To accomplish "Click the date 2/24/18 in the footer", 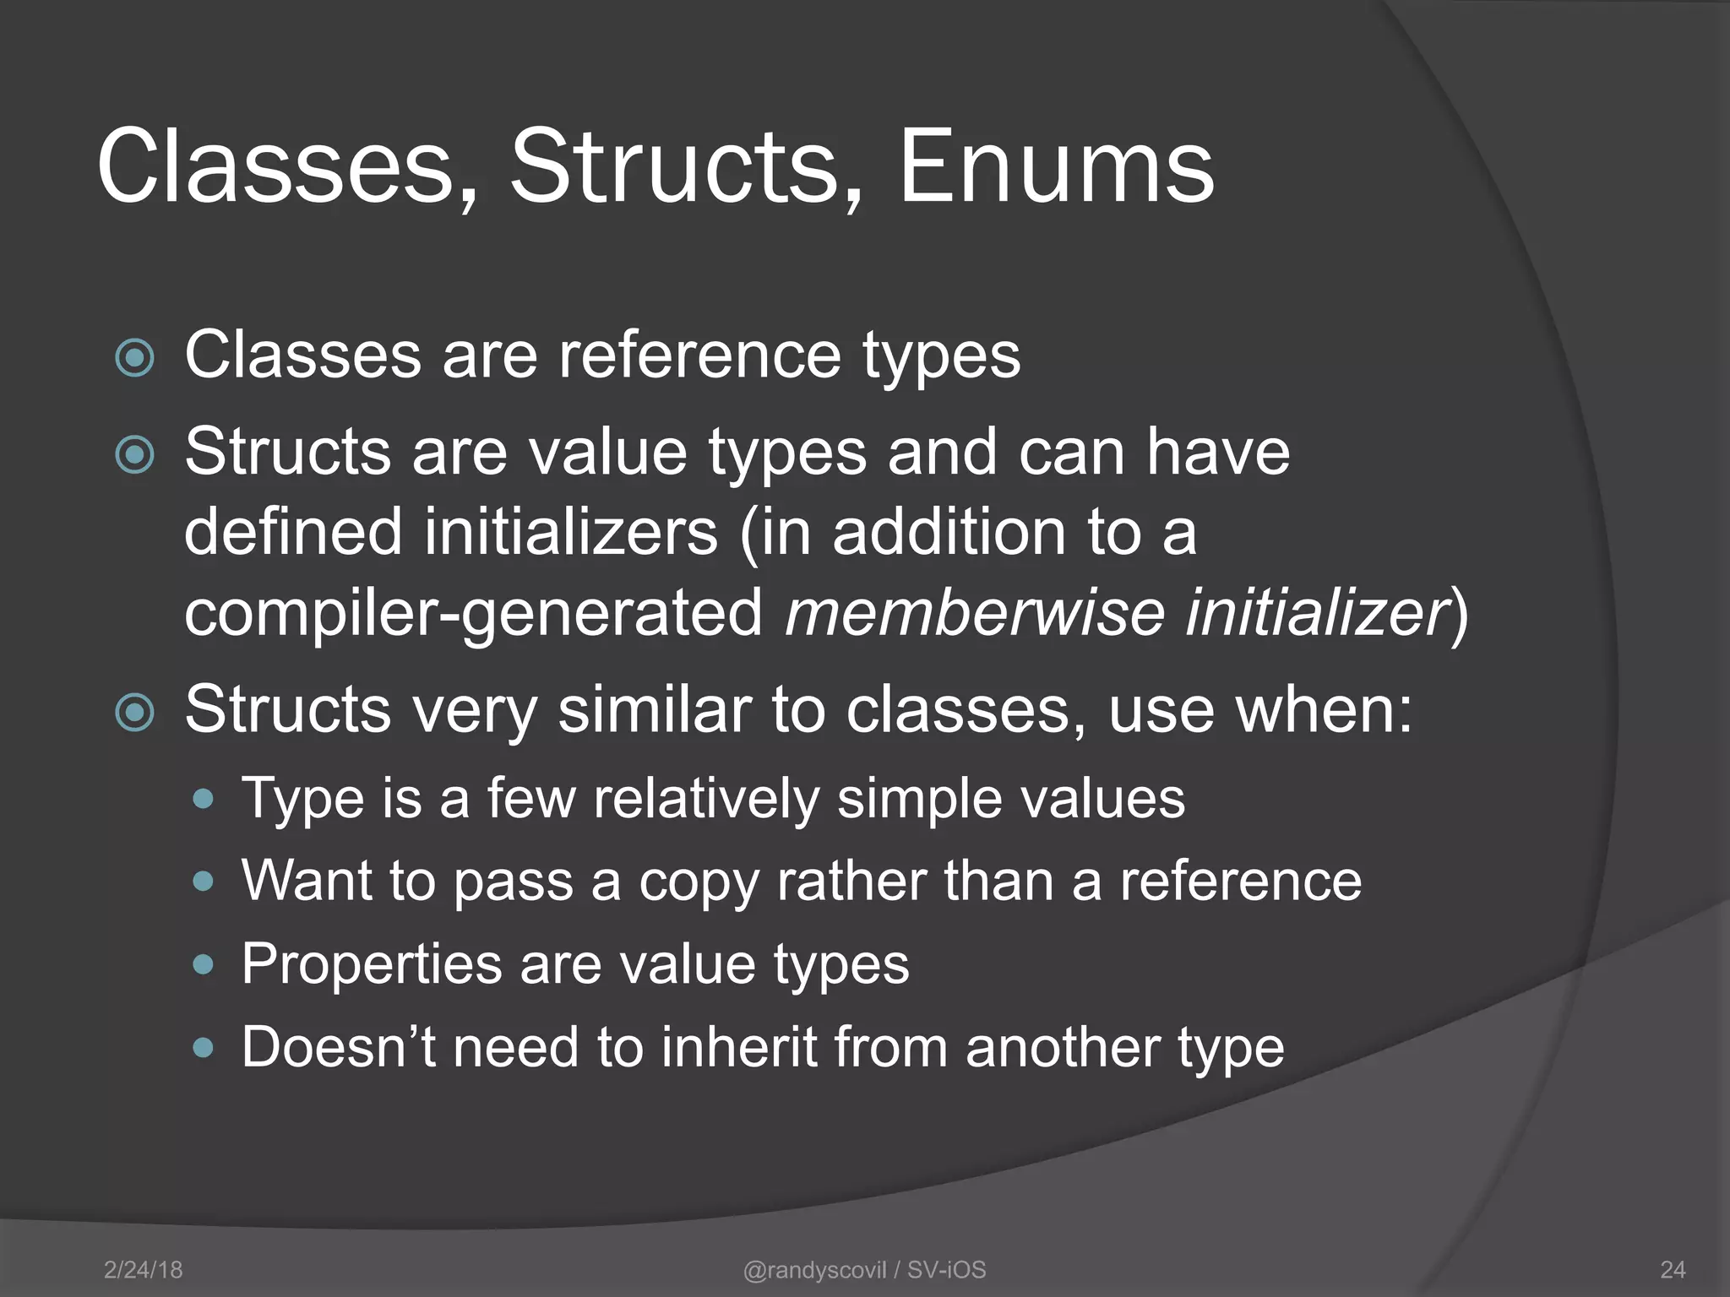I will click(x=143, y=1269).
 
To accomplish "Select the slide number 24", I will click(x=1673, y=1269).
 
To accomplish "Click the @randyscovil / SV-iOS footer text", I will click(x=864, y=1269).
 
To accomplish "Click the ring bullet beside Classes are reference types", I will click(x=135, y=358).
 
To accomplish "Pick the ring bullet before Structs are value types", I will click(x=135, y=455).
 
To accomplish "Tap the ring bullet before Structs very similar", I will click(x=135, y=713).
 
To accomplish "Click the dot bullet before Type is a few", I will click(x=203, y=799).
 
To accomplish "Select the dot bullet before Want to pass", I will click(x=203, y=882).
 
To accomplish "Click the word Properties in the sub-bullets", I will click(x=373, y=964).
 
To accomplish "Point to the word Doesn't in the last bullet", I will click(x=338, y=1047).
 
